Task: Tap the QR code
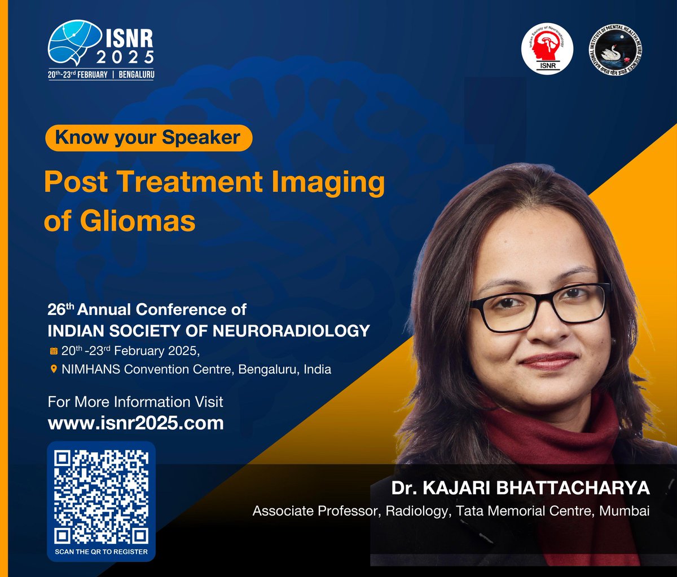[102, 496]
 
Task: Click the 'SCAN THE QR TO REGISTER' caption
[102, 551]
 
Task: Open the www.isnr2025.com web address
[136, 423]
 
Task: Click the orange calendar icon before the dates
[54, 351]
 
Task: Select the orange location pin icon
[54, 370]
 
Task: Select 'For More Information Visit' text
[135, 402]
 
